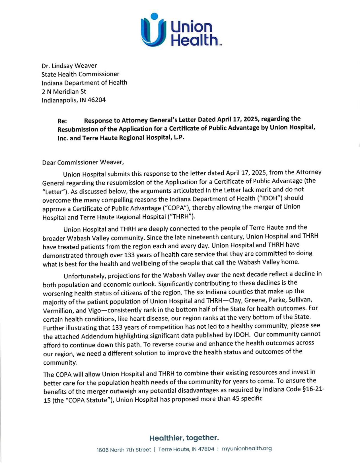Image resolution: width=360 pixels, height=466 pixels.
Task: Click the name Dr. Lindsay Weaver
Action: point(69,66)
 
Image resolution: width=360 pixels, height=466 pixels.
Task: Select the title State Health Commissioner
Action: point(80,74)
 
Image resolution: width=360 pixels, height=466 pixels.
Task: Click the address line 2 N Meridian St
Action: point(64,92)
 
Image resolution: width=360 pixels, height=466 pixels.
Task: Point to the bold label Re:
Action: point(62,121)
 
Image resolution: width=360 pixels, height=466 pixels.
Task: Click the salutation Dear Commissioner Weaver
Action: point(83,163)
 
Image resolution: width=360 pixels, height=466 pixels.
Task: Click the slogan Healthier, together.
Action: point(184,438)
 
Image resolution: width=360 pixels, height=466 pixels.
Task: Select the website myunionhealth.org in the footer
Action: point(246,449)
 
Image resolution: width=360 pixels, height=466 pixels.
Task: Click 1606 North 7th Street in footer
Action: point(124,450)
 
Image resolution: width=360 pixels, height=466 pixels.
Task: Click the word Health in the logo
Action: point(195,40)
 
